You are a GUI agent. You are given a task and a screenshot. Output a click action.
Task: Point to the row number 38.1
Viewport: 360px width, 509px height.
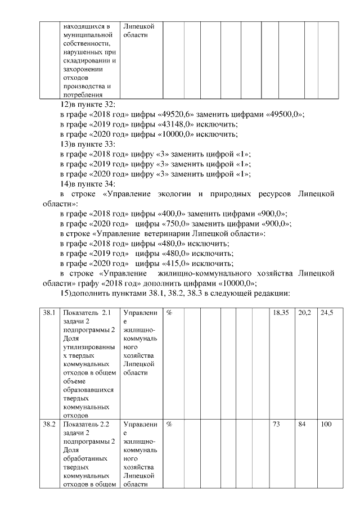click(48, 312)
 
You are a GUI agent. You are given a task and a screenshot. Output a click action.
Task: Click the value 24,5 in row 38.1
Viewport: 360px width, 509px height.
click(326, 312)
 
